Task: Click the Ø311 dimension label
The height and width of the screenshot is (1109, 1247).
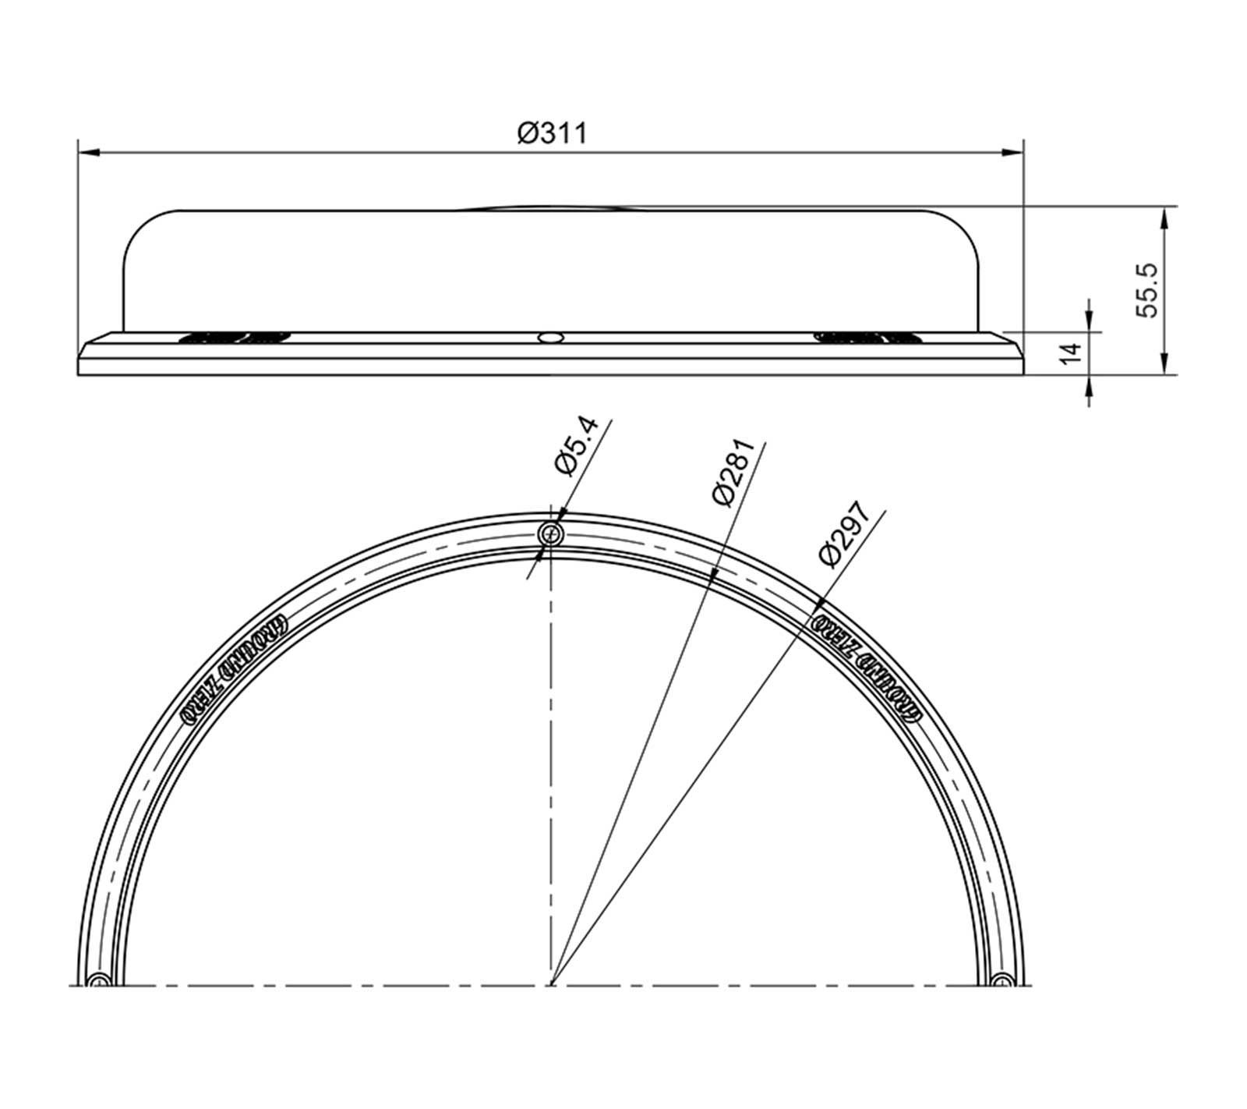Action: (x=551, y=133)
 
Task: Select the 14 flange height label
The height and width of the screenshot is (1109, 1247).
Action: (x=1072, y=350)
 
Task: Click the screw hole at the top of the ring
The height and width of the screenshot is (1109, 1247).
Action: (x=552, y=534)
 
